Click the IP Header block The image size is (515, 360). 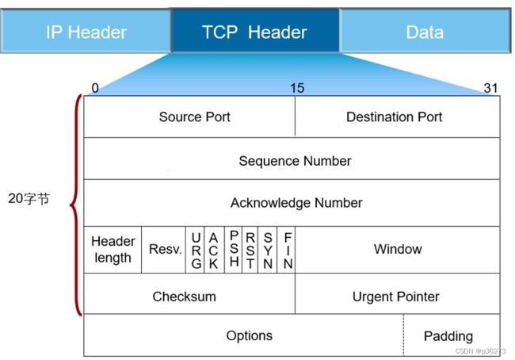pyautogui.click(x=86, y=31)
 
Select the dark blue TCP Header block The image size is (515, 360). pyautogui.click(x=255, y=31)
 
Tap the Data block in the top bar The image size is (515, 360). pyautogui.click(x=425, y=31)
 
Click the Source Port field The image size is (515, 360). pyautogui.click(x=189, y=117)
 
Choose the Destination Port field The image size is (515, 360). pyautogui.click(x=398, y=117)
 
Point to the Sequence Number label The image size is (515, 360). pyautogui.click(x=295, y=161)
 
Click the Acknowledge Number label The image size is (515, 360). pyautogui.click(x=296, y=203)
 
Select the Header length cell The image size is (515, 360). pyautogui.click(x=113, y=250)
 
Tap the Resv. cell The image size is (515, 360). pyautogui.click(x=163, y=250)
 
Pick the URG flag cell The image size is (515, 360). pyautogui.click(x=195, y=250)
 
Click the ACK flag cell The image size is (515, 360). pyautogui.click(x=214, y=250)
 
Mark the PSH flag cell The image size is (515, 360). pyautogui.click(x=234, y=250)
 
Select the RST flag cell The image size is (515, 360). pyautogui.click(x=250, y=250)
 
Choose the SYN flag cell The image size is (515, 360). pyautogui.click(x=268, y=250)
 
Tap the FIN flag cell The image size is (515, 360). pyautogui.click(x=286, y=250)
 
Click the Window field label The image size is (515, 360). pyautogui.click(x=398, y=249)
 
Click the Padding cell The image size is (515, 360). pyautogui.click(x=452, y=335)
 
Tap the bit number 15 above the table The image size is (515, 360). pyautogui.click(x=297, y=88)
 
